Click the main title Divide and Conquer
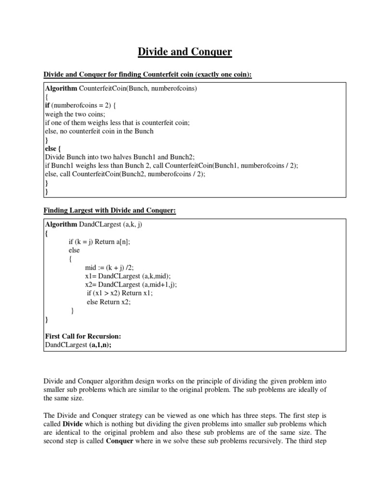click(185, 52)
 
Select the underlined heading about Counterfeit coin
click(148, 75)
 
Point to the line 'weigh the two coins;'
click(75, 114)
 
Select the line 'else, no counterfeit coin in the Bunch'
click(99, 131)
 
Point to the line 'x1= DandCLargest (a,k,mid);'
click(128, 276)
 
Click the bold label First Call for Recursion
click(79, 336)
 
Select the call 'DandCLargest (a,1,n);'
click(81, 345)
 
